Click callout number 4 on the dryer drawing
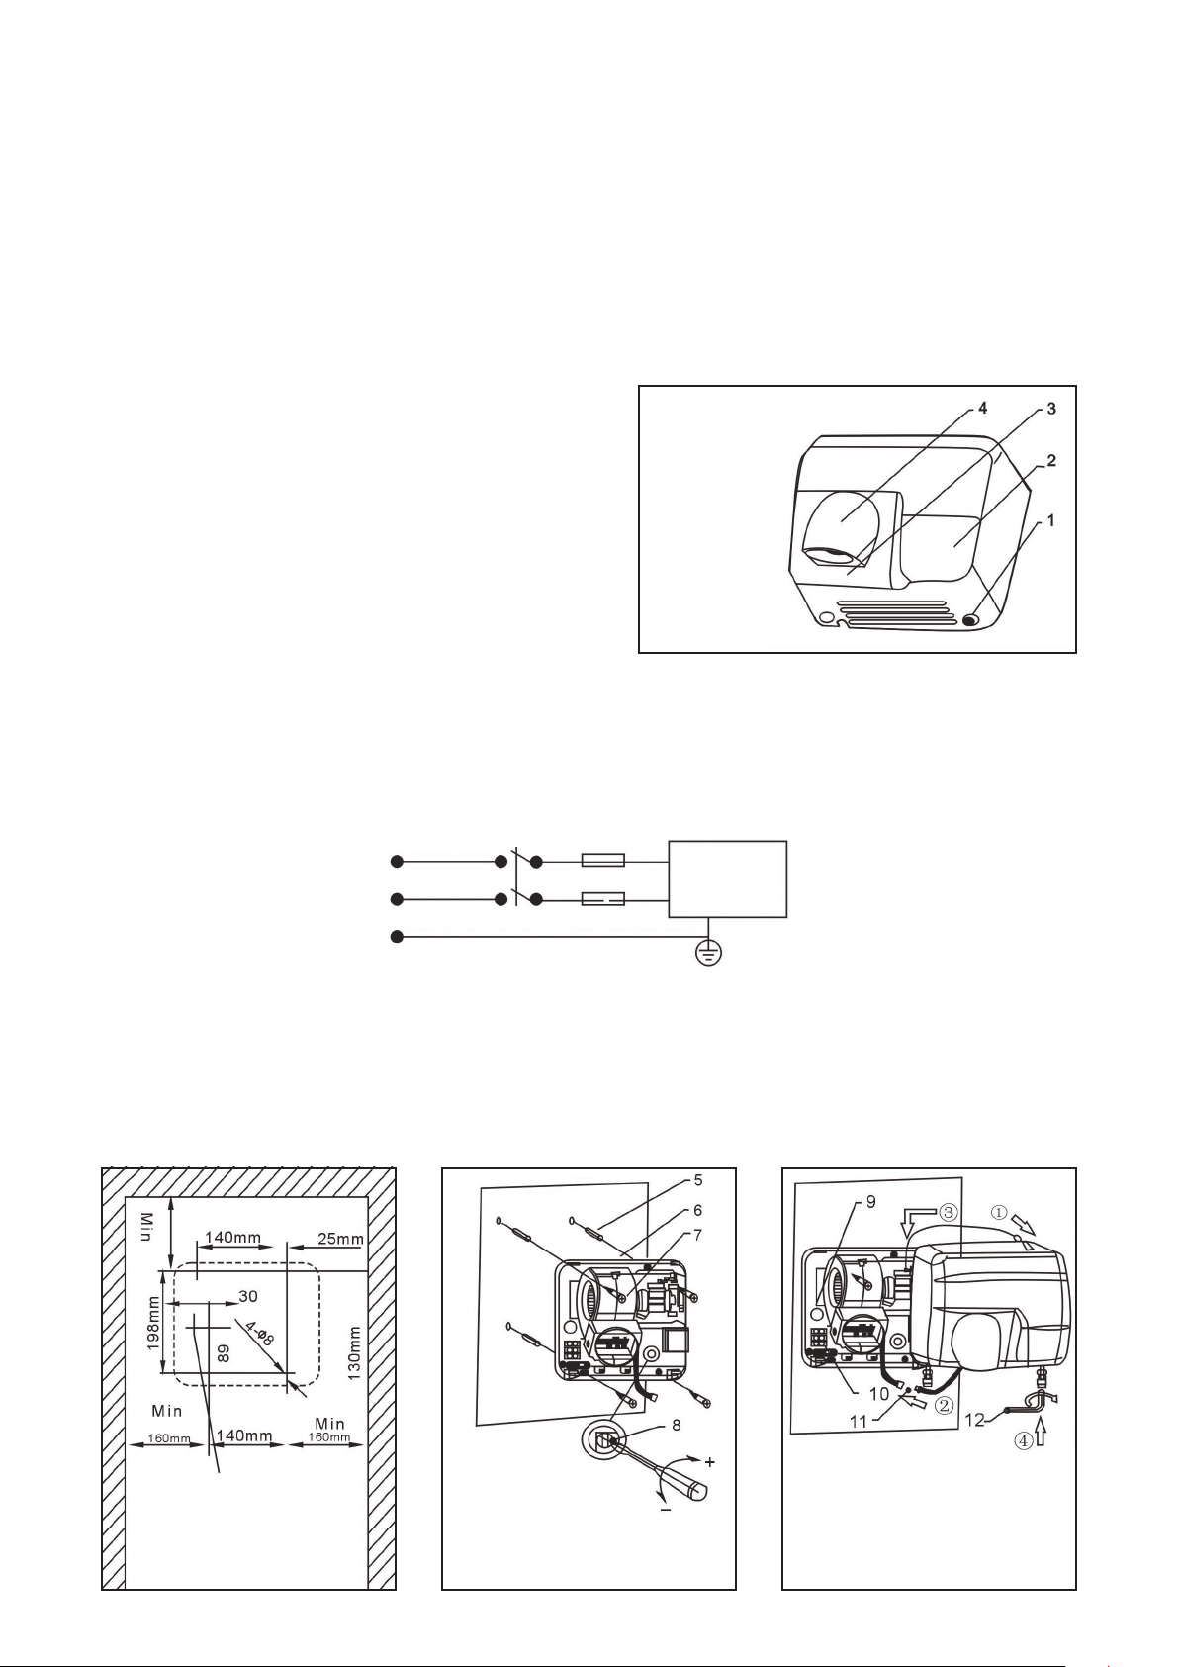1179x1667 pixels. (x=982, y=409)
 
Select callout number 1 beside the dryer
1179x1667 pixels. (x=1050, y=521)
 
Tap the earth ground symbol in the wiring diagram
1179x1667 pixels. (x=708, y=954)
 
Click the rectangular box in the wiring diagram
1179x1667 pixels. (x=728, y=879)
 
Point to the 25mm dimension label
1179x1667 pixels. (x=340, y=1239)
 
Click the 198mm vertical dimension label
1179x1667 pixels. (x=152, y=1326)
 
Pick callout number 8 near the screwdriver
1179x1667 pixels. (x=676, y=1425)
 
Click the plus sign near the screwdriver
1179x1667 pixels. (x=710, y=1462)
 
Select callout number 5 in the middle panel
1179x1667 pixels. (x=697, y=1179)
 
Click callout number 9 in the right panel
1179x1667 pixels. (x=871, y=1201)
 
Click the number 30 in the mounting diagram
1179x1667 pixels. (x=247, y=1296)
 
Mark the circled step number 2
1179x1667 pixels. (x=944, y=1406)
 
